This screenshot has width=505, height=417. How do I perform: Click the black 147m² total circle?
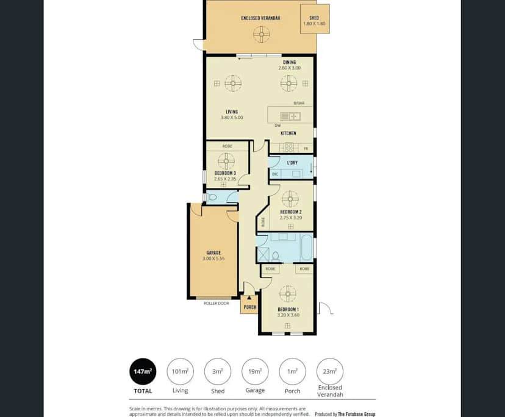(142, 371)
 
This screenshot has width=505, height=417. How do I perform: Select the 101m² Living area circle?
(180, 371)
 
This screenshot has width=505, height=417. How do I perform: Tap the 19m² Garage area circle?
(255, 371)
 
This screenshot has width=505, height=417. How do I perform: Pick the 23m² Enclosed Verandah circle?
(329, 371)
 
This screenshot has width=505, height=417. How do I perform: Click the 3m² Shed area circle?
(218, 371)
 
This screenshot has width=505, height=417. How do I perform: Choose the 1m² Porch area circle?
(292, 371)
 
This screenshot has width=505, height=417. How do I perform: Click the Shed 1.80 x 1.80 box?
(315, 20)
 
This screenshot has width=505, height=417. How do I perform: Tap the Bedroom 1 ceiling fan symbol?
(287, 294)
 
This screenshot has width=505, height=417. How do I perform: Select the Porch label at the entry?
(250, 307)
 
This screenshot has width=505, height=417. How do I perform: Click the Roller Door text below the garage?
(216, 303)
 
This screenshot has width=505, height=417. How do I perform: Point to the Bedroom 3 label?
(225, 173)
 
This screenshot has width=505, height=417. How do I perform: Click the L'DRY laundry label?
(292, 163)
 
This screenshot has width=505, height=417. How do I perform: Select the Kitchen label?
(288, 133)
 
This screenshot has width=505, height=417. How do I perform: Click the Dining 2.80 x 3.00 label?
(289, 65)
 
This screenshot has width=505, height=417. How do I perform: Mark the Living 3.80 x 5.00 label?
(232, 114)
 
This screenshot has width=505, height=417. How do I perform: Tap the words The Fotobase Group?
(357, 414)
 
